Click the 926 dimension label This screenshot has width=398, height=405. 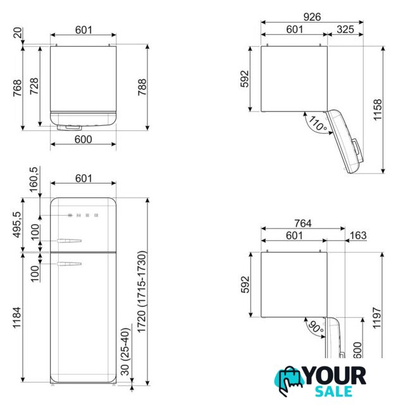312,17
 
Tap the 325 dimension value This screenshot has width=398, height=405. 345,30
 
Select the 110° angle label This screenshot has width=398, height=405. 318,124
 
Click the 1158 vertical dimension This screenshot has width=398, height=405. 378,109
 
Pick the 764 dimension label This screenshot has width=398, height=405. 303,223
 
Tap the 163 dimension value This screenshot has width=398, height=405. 358,235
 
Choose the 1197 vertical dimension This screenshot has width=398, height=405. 377,318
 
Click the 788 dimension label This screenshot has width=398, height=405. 142,87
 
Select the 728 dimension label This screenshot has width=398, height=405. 34,86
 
